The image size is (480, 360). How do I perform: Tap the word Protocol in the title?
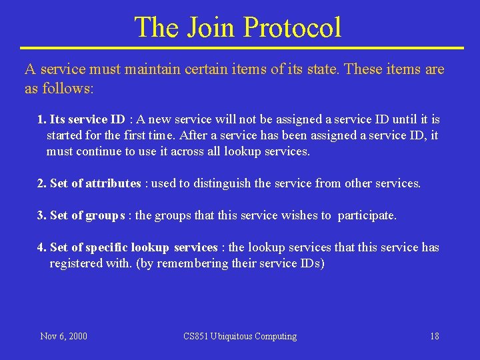[x=293, y=27]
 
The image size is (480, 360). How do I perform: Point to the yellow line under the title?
[x=241, y=48]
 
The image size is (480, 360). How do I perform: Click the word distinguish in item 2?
[x=224, y=183]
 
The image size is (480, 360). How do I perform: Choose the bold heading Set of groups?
[x=87, y=215]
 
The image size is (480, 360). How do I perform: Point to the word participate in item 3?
[x=367, y=215]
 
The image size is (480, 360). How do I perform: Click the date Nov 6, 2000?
[x=63, y=336]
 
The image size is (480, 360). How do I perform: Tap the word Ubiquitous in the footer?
[x=236, y=336]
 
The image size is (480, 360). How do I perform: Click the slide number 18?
[x=435, y=336]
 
